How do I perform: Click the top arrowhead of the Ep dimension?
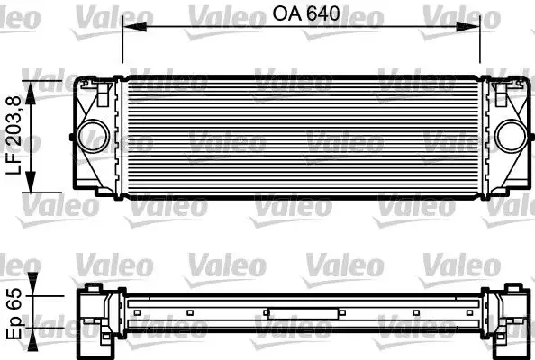pyautogui.click(x=35, y=293)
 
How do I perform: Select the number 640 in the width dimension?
pyautogui.click(x=320, y=15)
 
